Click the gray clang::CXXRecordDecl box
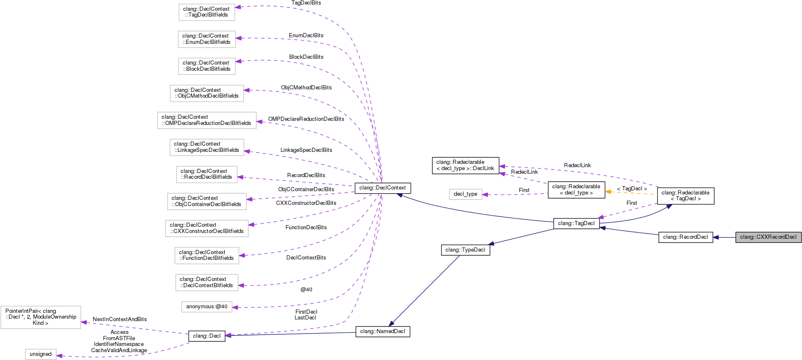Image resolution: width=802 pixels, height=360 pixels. point(768,237)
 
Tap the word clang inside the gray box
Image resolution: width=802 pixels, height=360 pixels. point(747,237)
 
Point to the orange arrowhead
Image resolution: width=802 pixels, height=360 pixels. point(608,192)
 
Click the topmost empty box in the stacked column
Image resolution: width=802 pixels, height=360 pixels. point(207,12)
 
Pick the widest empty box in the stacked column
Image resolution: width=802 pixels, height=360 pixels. point(207,120)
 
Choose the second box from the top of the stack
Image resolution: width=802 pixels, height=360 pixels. point(207,39)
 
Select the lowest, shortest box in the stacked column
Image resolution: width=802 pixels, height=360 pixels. point(207,307)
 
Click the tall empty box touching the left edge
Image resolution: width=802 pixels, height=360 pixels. point(41,317)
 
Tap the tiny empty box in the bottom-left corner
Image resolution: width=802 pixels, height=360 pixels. point(41,354)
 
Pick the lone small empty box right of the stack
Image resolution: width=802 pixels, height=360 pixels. point(466,194)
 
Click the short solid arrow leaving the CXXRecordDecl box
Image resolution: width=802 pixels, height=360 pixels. point(724,238)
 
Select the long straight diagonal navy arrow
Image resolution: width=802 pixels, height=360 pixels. point(424,291)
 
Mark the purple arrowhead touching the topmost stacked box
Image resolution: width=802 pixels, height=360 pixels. point(238,7)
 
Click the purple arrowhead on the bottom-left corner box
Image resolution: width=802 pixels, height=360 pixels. point(60,356)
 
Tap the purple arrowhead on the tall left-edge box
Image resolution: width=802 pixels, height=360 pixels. point(84,322)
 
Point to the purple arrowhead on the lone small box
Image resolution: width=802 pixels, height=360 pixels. point(485,194)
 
